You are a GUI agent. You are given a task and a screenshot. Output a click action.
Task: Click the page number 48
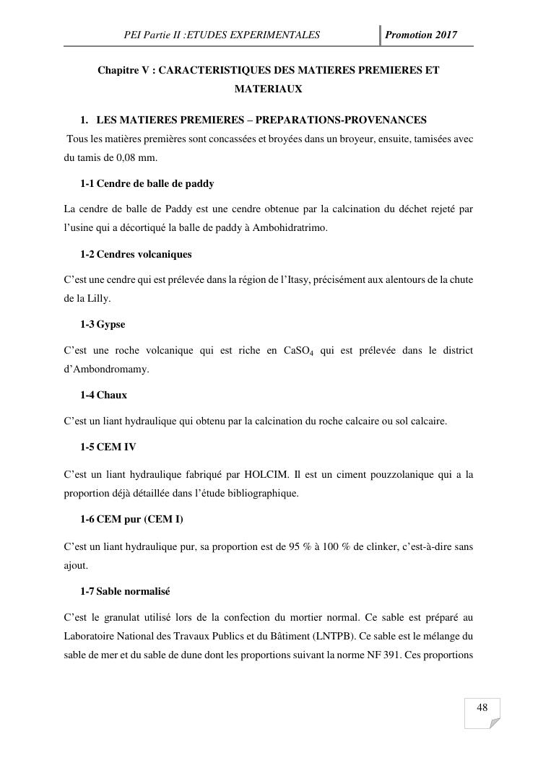click(482, 707)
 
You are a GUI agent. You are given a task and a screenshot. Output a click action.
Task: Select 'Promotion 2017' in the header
click(421, 35)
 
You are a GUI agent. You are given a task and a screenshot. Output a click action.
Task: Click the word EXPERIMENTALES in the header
click(274, 35)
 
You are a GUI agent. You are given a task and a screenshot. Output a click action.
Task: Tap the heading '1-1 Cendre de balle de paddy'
click(147, 183)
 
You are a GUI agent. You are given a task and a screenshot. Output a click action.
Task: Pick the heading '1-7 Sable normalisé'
click(125, 591)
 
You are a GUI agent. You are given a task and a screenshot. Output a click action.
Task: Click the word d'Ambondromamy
click(106, 369)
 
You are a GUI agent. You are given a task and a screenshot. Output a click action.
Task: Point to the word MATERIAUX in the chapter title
click(268, 89)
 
